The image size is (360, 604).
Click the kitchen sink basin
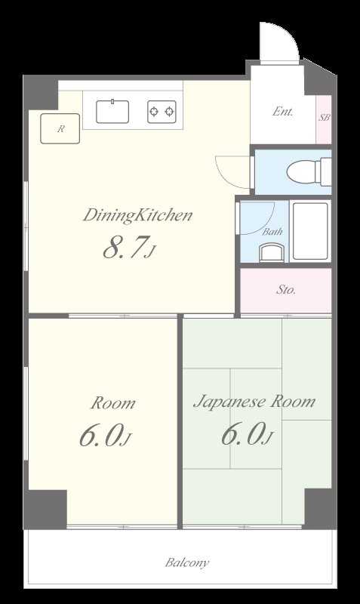112,111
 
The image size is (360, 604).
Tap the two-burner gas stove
162,112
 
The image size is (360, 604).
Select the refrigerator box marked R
60,128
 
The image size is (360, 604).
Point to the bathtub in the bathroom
310,231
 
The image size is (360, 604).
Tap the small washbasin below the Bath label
272,252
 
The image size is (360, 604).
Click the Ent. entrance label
282,112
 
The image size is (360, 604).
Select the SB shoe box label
324,118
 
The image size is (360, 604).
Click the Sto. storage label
286,290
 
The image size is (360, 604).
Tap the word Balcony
187,562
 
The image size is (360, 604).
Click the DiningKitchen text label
137,215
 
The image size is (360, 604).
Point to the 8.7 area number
125,248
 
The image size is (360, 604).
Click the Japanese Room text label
254,402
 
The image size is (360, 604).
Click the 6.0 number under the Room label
101,436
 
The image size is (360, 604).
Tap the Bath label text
272,232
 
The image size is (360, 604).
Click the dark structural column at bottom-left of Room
45,509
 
